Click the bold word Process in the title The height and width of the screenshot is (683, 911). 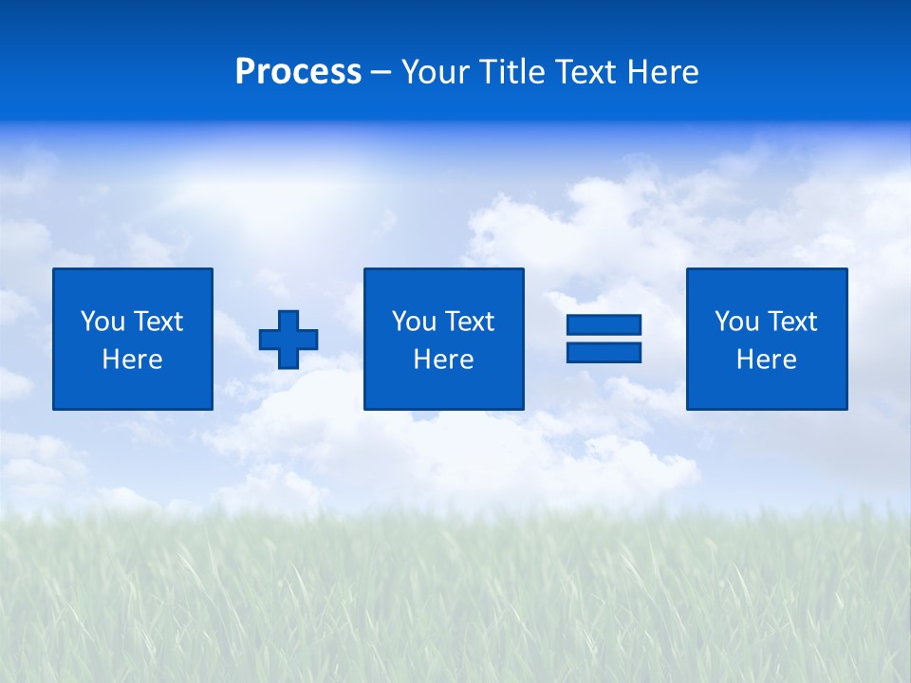pyautogui.click(x=298, y=72)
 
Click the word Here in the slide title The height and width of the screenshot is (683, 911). pyautogui.click(x=663, y=72)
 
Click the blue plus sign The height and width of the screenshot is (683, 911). pyautogui.click(x=288, y=340)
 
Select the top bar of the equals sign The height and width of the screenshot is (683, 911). pyautogui.click(x=604, y=325)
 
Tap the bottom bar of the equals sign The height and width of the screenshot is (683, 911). pyautogui.click(x=604, y=352)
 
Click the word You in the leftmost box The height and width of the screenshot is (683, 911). pyautogui.click(x=102, y=322)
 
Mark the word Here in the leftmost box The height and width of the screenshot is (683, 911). pyautogui.click(x=132, y=360)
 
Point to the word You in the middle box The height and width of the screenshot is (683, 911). pyautogui.click(x=413, y=322)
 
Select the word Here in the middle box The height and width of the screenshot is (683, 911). pyautogui.click(x=443, y=360)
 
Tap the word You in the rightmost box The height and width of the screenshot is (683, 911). pyautogui.click(x=735, y=322)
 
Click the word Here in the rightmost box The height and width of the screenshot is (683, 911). pyautogui.click(x=766, y=360)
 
